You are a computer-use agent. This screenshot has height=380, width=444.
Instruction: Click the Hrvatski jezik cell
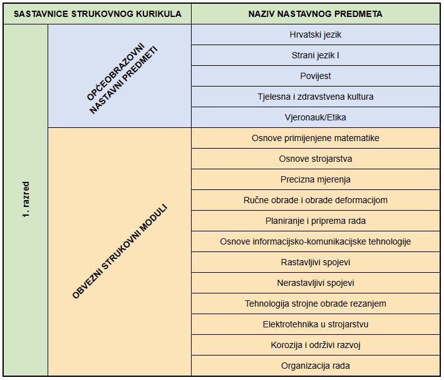[315, 34]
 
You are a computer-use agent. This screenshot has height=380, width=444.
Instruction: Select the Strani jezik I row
[315, 55]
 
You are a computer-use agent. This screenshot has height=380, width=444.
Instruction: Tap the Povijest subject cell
[315, 76]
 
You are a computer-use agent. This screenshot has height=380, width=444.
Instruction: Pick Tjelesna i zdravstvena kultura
[315, 97]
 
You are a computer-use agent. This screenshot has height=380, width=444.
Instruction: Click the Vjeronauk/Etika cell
[315, 117]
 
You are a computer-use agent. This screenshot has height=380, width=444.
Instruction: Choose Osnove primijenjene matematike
[315, 138]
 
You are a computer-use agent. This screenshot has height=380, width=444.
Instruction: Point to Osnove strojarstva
[315, 159]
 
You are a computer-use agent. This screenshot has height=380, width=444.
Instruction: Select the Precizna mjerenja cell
[315, 179]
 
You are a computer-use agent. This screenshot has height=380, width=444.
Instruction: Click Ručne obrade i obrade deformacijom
[315, 200]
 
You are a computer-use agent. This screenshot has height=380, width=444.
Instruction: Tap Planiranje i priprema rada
[315, 221]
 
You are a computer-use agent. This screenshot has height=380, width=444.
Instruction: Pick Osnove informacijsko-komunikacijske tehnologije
[315, 241]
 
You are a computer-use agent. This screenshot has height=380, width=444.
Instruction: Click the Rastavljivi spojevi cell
[315, 262]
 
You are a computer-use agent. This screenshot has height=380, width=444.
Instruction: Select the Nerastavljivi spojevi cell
[315, 283]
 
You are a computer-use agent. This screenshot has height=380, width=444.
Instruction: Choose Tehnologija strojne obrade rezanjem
[315, 303]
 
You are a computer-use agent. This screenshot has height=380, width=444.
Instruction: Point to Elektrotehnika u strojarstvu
[315, 324]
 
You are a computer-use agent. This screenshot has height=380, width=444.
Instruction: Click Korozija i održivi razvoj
[315, 345]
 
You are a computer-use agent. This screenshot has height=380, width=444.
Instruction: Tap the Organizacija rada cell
[315, 366]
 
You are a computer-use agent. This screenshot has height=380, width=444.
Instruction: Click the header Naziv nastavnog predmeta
[315, 14]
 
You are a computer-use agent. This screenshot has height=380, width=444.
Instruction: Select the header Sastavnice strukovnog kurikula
[98, 14]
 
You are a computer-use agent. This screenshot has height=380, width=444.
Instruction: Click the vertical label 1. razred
[26, 199]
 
